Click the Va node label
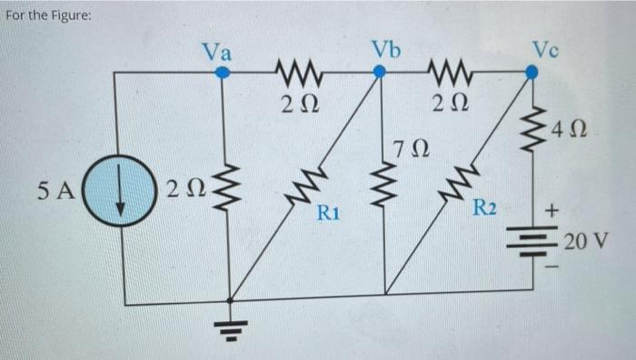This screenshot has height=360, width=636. coord(216,51)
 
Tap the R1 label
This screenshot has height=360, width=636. coord(327,215)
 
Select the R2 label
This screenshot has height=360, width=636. coord(484,209)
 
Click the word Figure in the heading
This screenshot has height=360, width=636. coord(70,15)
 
